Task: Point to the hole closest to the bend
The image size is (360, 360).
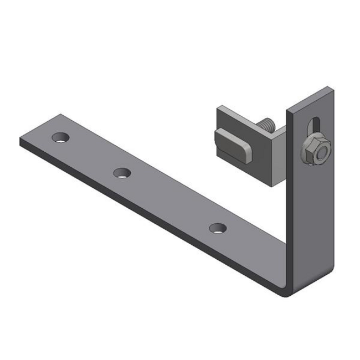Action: tap(218, 227)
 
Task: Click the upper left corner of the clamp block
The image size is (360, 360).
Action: tap(219, 109)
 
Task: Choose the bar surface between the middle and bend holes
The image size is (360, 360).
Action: tap(172, 202)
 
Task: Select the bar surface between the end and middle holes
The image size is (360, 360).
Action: tap(91, 155)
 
